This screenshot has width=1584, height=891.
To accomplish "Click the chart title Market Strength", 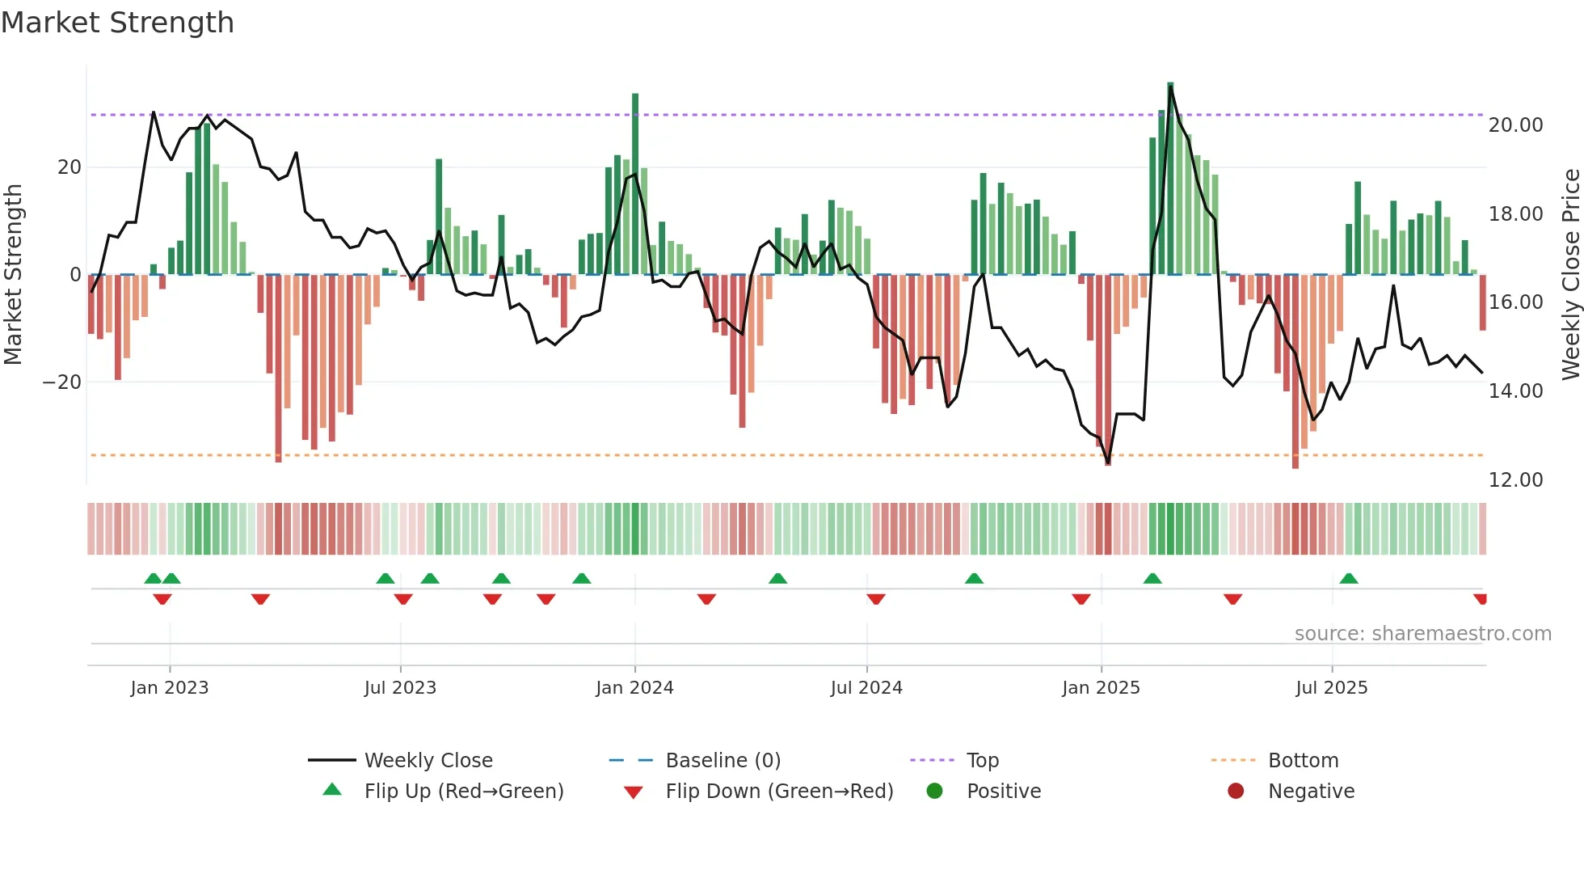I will [117, 23].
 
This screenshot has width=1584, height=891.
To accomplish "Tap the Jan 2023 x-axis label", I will [170, 688].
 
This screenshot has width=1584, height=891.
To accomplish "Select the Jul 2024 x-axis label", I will [866, 688].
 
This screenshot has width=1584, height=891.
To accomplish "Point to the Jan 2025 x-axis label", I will [1101, 688].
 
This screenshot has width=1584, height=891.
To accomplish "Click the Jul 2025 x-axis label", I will [1332, 688].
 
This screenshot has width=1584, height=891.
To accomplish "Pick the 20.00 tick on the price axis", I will [1515, 125].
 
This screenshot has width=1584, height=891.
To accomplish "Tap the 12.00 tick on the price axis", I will [1515, 480].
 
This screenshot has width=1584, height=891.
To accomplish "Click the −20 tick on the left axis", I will [62, 382].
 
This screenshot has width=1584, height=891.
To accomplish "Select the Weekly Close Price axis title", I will [1570, 274].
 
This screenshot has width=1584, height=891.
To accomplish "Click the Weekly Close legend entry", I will [428, 761].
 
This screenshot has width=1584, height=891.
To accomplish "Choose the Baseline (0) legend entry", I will [722, 761].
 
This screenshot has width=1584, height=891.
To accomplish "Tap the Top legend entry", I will [983, 761].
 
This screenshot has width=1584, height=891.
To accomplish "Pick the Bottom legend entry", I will [1303, 761].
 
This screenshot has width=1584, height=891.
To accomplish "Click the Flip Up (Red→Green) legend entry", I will [464, 792].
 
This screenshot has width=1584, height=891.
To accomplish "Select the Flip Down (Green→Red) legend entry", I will [779, 792].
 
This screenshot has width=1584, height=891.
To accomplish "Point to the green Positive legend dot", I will [935, 791].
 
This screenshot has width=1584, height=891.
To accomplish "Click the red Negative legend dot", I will [1236, 791].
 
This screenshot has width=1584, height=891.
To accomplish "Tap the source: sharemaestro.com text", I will [1422, 634].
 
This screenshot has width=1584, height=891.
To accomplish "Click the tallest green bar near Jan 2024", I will [635, 184].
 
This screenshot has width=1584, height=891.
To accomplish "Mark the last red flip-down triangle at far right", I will [1481, 598].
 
